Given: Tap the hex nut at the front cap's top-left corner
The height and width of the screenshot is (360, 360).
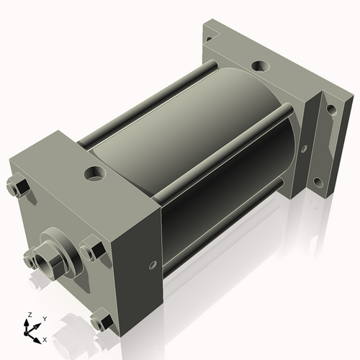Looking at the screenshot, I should [19, 188].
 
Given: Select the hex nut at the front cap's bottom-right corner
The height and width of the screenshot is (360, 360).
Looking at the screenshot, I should [102, 320].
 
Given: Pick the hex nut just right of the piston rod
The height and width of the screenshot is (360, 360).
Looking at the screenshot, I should [91, 251].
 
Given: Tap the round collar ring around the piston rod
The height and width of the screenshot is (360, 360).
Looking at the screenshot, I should [63, 248].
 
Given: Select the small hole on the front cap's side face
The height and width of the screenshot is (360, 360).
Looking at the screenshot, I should [153, 265].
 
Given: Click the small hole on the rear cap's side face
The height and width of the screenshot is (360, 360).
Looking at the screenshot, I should [304, 150].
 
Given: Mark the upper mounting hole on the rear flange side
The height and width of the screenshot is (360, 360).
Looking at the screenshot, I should [331, 110].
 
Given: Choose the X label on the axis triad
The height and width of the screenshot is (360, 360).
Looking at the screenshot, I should [45, 338].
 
